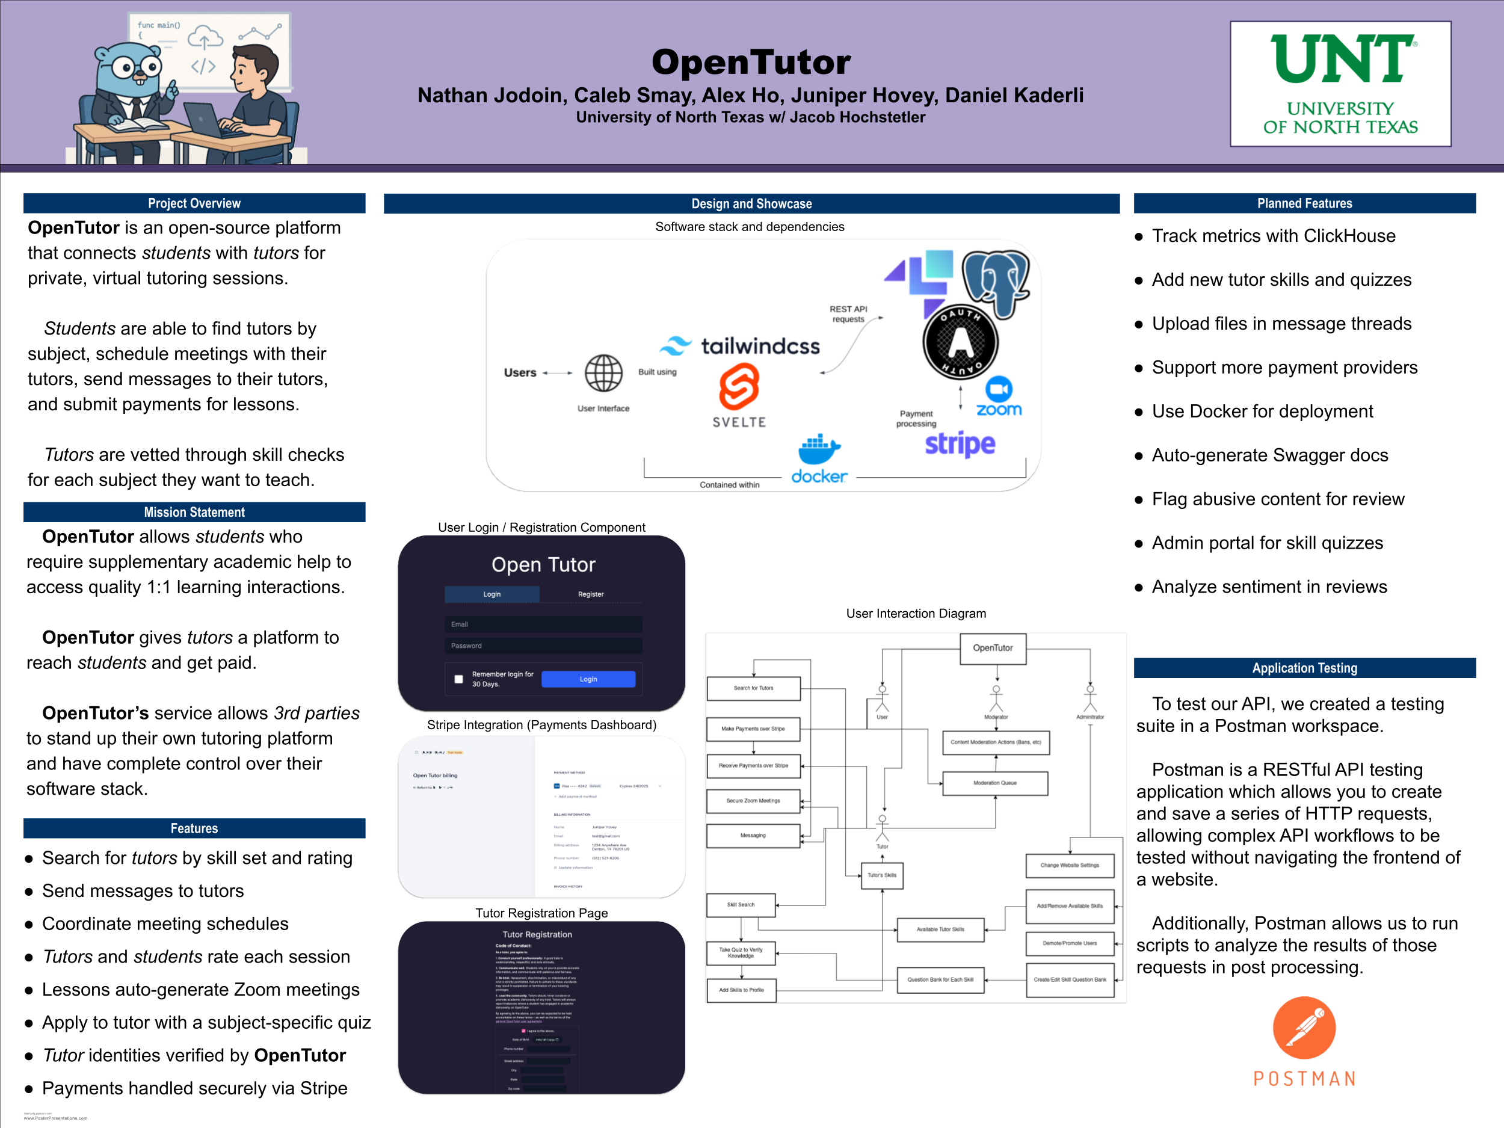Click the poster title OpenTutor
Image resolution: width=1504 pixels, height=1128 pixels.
coord(751,62)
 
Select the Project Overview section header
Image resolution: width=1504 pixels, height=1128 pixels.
coord(194,203)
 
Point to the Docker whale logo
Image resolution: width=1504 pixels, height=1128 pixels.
coord(819,449)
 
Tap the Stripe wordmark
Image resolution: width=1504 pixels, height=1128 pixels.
coord(960,444)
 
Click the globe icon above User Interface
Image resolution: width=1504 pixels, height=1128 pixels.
coord(604,372)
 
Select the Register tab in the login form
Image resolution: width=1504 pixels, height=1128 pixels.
coord(590,594)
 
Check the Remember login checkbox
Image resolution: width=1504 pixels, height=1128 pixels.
coord(459,679)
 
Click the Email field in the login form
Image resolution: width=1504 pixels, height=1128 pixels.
coord(543,624)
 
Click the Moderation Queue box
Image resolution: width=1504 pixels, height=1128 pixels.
coord(994,783)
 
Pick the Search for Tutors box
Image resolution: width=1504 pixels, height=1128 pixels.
coord(753,688)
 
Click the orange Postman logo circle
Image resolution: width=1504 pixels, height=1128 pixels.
coord(1304,1028)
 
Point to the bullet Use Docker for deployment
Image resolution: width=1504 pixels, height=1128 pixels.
coord(1262,411)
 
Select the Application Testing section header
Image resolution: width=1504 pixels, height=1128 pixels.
coord(1304,668)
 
